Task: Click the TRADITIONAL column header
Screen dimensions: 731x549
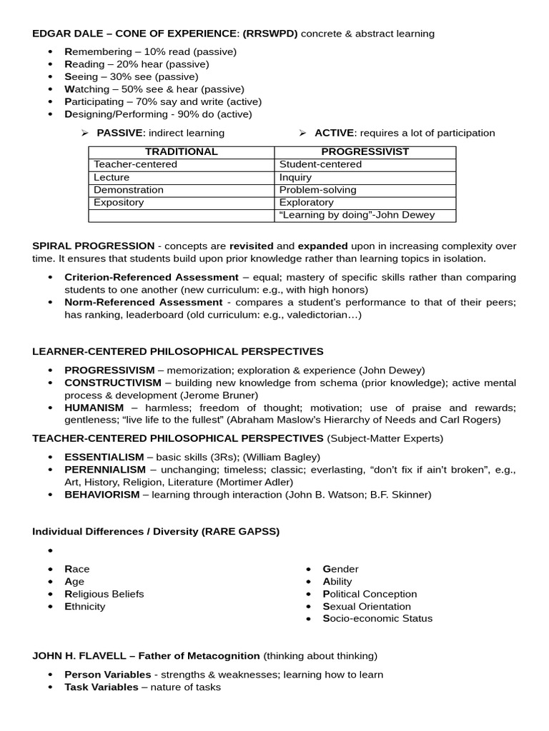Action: (x=181, y=152)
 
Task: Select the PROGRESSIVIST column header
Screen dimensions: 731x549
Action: (x=365, y=152)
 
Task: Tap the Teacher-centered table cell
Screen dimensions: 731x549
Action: (x=135, y=165)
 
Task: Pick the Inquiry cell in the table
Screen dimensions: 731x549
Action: (x=295, y=178)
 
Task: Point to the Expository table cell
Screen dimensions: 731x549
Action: (x=119, y=203)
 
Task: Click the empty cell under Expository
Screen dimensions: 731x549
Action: (x=181, y=216)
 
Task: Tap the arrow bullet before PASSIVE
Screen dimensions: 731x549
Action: (x=84, y=133)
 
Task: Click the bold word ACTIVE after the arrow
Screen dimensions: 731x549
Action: (x=334, y=133)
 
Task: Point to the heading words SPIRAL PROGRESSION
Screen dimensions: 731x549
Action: (x=93, y=246)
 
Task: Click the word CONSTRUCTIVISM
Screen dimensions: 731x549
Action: (x=113, y=383)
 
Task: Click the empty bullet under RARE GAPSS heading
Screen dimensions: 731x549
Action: (x=50, y=551)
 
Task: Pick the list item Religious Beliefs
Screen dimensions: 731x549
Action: (x=104, y=594)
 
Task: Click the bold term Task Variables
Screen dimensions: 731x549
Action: (x=101, y=687)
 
